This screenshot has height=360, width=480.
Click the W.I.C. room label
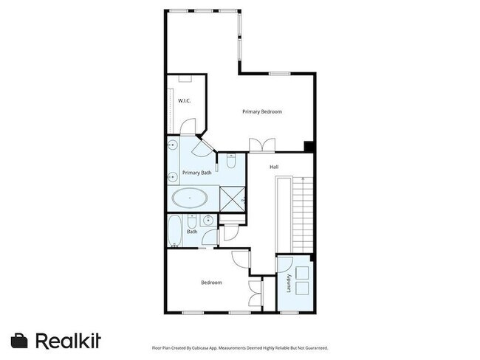tap(185, 100)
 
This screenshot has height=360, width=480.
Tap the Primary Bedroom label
tap(262, 111)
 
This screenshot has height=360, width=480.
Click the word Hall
tap(274, 167)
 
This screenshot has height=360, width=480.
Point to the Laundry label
tap(288, 282)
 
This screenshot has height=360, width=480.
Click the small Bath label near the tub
tap(192, 232)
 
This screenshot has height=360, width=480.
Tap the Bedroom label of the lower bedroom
tap(211, 282)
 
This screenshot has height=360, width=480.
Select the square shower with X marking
tap(232, 198)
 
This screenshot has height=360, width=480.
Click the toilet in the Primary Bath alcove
tap(231, 160)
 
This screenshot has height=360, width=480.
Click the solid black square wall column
tap(309, 146)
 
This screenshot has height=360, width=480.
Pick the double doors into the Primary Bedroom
tap(262, 144)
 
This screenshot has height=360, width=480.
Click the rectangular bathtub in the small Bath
tap(174, 230)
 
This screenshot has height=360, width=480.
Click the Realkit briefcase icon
tap(20, 341)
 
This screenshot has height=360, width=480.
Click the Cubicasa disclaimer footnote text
tap(239, 347)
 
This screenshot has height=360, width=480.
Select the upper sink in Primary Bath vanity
tap(172, 145)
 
